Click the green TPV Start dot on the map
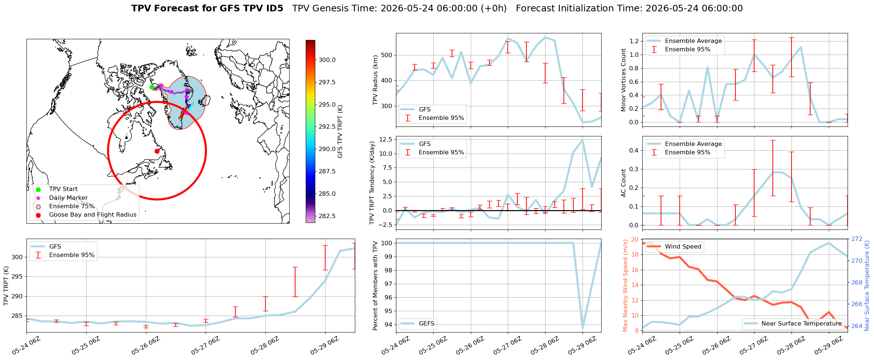[152, 87]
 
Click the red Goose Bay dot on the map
[157, 151]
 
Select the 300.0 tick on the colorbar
[327, 60]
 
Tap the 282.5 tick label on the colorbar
[327, 216]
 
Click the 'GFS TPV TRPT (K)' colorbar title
[340, 131]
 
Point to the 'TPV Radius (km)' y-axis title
[375, 80]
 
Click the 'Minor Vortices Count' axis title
[624, 80]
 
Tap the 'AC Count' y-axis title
[624, 183]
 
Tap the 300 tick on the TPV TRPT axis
[17, 257]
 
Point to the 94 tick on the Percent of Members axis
[389, 324]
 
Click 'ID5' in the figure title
[275, 8]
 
